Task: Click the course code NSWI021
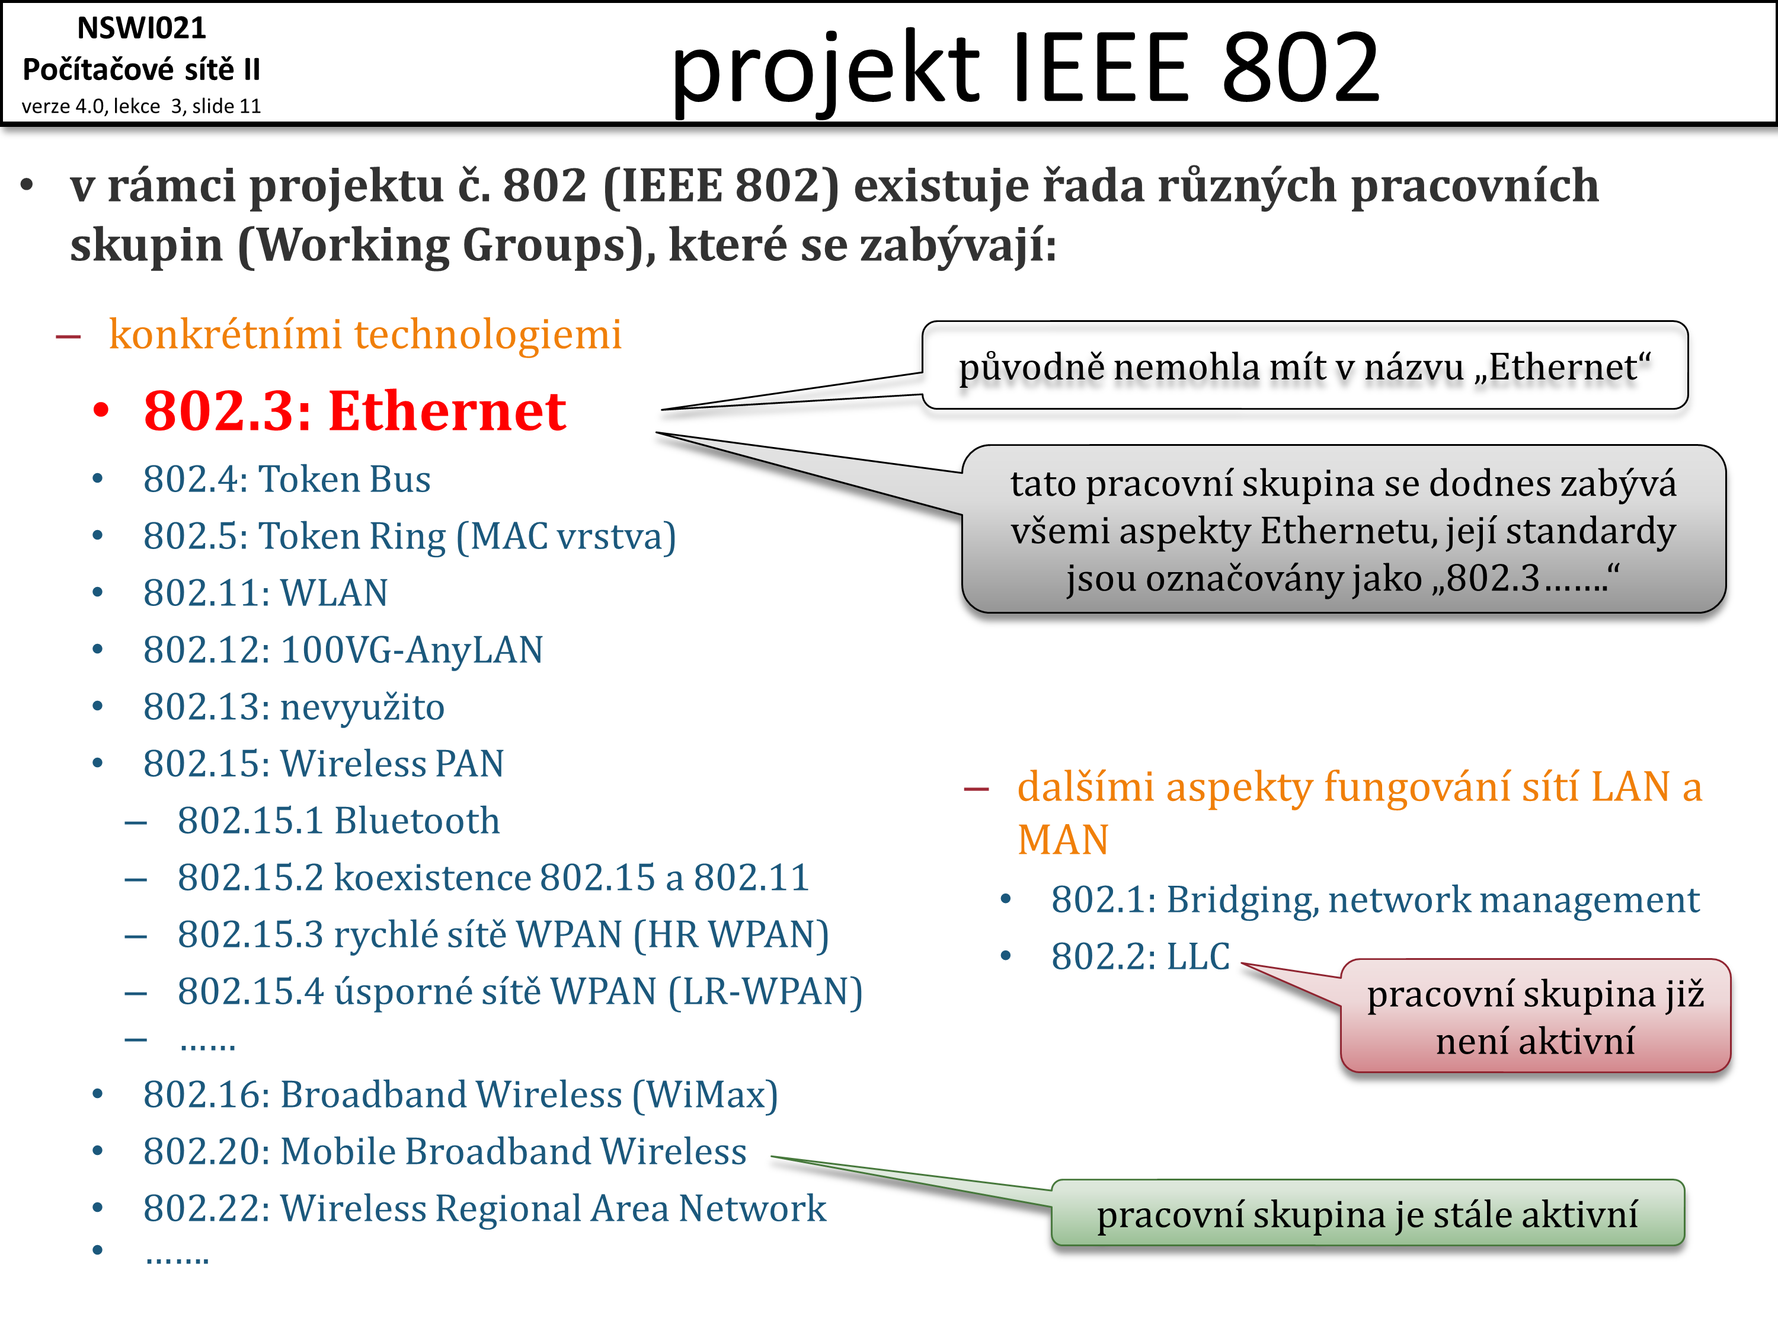tap(142, 28)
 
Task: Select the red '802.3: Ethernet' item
tap(354, 411)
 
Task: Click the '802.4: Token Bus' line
tap(287, 479)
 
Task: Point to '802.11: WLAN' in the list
tap(266, 593)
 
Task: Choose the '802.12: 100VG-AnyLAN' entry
tap(343, 650)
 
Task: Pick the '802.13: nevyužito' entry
tap(293, 707)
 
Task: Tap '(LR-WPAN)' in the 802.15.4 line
tap(766, 991)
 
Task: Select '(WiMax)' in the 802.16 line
tap(705, 1095)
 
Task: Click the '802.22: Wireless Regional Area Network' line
tap(485, 1208)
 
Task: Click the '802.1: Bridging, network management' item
tap(1376, 901)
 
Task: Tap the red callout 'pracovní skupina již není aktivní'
tap(1535, 1016)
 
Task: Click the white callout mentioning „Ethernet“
tap(1304, 366)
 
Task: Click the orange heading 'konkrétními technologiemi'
tap(365, 334)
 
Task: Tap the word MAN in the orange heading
tap(1063, 840)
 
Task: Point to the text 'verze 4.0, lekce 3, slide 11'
tap(142, 106)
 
